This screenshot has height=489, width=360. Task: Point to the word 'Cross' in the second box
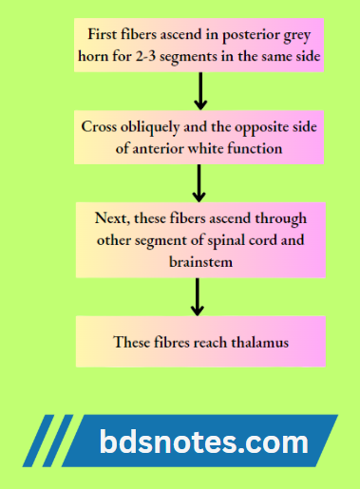tap(100, 124)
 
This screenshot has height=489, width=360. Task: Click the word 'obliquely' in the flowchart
tap(150, 124)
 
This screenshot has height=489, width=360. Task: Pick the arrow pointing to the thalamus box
tap(199, 295)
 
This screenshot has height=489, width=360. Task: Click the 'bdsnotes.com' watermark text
tap(203, 442)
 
